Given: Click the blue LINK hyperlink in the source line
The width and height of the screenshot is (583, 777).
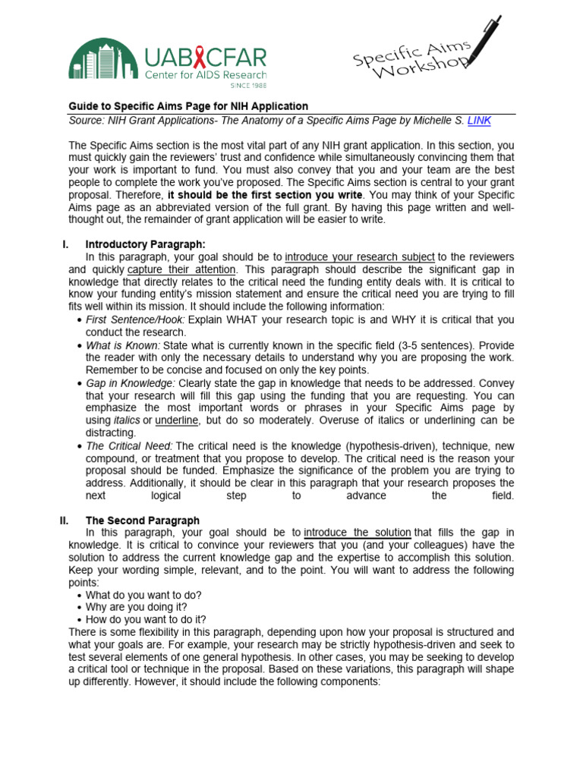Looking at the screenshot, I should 480,120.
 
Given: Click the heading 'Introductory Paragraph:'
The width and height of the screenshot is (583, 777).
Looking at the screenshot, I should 145,244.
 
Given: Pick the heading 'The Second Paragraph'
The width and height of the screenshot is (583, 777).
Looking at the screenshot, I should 143,521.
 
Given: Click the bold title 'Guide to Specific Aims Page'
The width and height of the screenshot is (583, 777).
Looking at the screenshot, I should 188,106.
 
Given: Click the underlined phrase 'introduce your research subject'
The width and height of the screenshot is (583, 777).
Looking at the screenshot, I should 360,256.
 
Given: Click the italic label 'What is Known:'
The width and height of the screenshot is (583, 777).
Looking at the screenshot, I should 123,344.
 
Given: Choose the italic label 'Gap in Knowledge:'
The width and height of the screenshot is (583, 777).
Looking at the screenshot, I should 131,382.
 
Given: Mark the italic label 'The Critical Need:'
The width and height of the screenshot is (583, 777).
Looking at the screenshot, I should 129,445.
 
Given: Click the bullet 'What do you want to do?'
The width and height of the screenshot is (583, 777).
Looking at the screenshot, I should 143,595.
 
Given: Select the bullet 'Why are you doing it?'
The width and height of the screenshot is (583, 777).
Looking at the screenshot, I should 137,607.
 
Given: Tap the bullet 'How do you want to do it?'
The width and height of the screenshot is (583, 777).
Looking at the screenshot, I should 146,619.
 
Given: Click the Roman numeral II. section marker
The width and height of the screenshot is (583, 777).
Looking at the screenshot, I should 65,521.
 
